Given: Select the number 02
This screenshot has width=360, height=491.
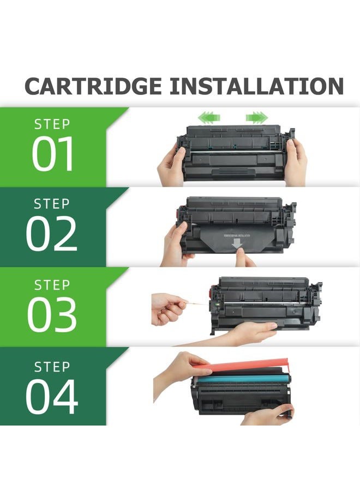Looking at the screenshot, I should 52,234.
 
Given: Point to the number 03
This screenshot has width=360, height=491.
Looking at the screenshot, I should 52,315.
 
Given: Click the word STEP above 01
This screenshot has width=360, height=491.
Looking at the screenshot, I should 52,124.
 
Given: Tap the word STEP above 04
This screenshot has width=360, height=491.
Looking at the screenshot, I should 52,367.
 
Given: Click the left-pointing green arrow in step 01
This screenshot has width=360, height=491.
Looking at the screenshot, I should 205,116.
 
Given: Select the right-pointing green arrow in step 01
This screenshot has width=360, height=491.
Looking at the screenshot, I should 257,117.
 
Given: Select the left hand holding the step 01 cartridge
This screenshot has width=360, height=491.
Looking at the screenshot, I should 171,165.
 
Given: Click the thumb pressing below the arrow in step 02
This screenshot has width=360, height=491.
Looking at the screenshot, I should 244,260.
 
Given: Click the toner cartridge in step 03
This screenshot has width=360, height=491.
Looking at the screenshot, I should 262,306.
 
